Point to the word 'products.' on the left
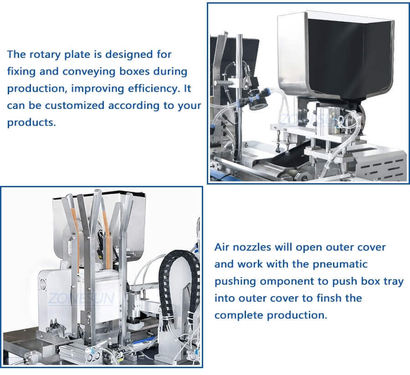(31, 123)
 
